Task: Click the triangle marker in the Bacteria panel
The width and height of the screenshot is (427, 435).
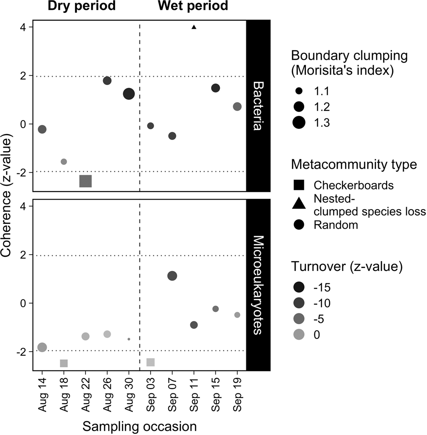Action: (x=194, y=27)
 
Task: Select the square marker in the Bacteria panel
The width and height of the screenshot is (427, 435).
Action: (x=85, y=181)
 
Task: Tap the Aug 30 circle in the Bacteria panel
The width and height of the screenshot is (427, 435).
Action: (x=129, y=94)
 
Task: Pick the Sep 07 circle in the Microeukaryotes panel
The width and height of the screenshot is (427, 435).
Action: (x=172, y=276)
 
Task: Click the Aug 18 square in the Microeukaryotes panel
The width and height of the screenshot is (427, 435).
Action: (x=64, y=363)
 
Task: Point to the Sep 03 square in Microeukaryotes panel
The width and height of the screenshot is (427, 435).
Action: (x=150, y=362)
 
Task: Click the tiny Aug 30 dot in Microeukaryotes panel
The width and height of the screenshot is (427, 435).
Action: (x=129, y=339)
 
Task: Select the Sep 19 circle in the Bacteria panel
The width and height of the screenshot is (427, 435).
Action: (x=237, y=106)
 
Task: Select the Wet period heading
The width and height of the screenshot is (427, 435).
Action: (x=193, y=7)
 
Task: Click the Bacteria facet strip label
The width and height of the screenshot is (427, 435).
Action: (x=257, y=105)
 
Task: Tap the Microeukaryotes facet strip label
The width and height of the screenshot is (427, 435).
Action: (x=257, y=284)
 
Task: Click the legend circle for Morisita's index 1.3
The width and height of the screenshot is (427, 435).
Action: (x=299, y=123)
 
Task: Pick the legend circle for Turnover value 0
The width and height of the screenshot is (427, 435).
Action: (x=299, y=335)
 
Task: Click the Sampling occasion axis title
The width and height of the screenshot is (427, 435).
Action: (x=139, y=426)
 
